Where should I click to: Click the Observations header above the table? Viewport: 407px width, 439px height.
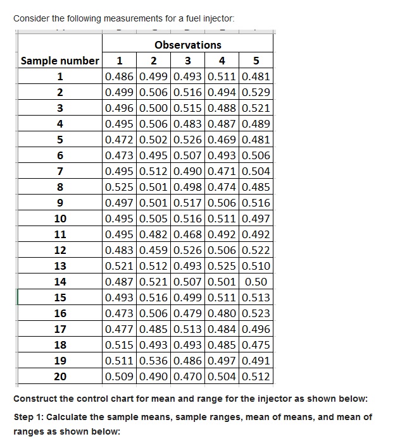click(187, 45)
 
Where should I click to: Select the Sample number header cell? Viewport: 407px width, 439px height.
click(60, 61)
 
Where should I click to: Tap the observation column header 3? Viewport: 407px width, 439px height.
click(187, 61)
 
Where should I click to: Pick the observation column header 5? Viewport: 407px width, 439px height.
click(256, 61)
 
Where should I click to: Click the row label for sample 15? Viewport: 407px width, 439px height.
click(60, 298)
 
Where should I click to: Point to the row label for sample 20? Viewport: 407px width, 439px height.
click(60, 376)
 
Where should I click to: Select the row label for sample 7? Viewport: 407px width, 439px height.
click(60, 171)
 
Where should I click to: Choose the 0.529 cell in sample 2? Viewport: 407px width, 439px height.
click(256, 92)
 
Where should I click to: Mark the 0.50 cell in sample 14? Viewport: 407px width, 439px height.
click(256, 282)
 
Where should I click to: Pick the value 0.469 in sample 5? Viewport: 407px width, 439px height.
click(221, 140)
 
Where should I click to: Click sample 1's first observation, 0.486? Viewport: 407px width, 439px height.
click(118, 76)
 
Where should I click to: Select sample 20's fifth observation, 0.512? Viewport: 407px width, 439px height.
click(256, 376)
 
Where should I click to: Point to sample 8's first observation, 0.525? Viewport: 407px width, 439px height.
click(118, 187)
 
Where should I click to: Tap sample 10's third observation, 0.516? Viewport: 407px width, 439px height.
click(187, 219)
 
